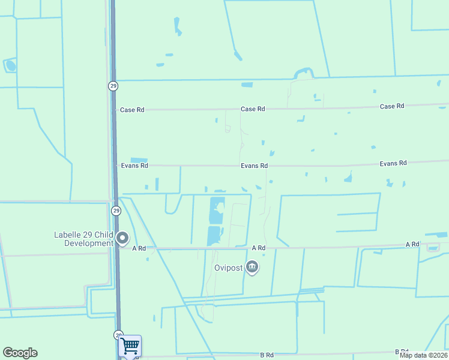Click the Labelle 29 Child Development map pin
122,238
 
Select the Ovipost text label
228,268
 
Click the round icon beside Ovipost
252,267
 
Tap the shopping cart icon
130,346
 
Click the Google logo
20,353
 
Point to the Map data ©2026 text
423,355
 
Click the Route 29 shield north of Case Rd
113,86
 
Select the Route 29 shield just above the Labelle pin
116,211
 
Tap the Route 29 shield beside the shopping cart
118,335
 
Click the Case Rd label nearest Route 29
133,110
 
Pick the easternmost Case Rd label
392,106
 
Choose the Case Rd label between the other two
253,109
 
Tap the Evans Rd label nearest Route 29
134,166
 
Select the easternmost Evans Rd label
393,163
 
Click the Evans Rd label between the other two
254,166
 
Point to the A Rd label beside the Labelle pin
139,248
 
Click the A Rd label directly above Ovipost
259,248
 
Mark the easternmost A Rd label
412,244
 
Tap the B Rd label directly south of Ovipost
267,355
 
